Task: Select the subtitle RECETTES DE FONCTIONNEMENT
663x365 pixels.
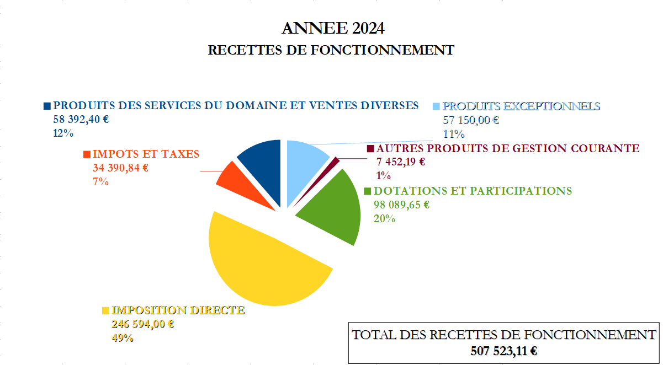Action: [x=331, y=50]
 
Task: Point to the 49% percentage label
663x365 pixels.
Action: [x=123, y=338]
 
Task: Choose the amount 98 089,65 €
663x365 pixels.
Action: [x=402, y=205]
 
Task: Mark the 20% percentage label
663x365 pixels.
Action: [x=385, y=218]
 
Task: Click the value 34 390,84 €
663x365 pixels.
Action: [x=120, y=168]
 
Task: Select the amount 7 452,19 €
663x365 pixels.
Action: [x=401, y=162]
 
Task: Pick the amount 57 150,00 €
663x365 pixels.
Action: [x=471, y=120]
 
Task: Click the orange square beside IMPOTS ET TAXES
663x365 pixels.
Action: [x=87, y=155]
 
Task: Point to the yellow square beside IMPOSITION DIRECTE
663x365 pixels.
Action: [x=105, y=311]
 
